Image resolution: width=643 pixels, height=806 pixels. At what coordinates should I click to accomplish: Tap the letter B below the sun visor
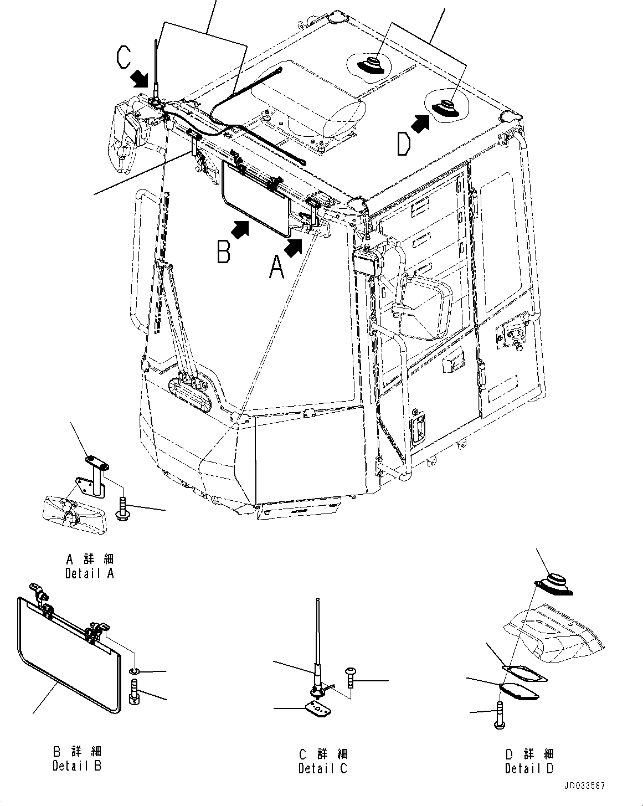click(224, 253)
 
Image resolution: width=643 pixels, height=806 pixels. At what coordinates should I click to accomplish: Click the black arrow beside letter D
click(421, 122)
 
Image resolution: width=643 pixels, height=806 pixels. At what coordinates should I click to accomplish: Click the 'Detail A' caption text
click(90, 573)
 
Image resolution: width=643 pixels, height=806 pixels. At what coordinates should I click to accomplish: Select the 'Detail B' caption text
click(77, 766)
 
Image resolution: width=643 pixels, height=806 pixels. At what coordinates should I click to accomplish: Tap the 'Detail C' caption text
click(323, 768)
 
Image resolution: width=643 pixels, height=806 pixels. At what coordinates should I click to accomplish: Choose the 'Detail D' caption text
click(529, 768)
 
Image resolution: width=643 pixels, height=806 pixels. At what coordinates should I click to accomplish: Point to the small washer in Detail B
click(135, 672)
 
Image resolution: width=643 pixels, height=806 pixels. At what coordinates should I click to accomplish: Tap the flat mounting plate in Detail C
click(316, 708)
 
